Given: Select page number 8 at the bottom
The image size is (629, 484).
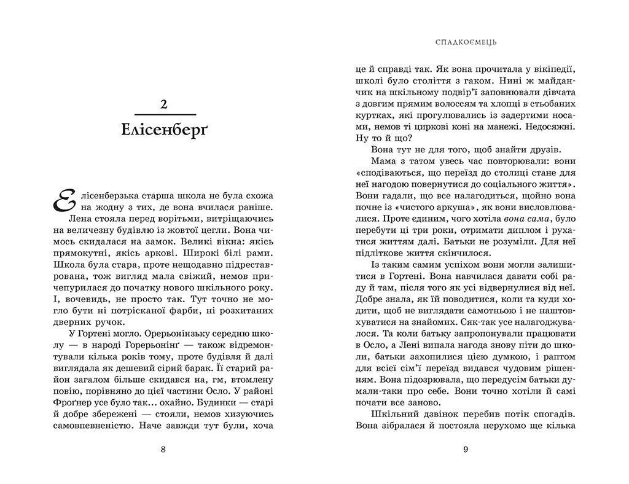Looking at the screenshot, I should click(x=163, y=449).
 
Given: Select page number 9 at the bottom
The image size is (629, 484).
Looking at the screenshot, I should click(x=466, y=449).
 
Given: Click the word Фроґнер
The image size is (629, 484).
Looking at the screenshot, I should click(x=64, y=400).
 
